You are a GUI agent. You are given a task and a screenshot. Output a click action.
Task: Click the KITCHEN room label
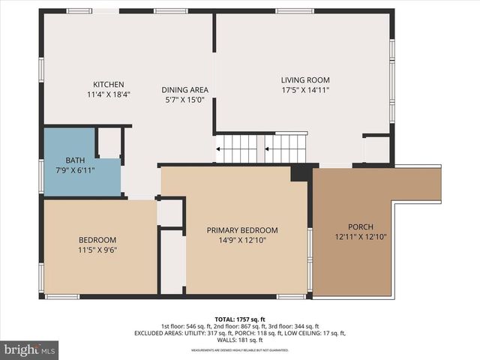[x=108, y=84]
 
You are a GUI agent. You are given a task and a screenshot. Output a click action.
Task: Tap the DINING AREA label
[x=185, y=90]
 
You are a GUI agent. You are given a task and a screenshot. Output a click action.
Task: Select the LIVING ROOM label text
[x=305, y=80]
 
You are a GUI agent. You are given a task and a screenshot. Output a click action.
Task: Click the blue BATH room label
[x=75, y=160]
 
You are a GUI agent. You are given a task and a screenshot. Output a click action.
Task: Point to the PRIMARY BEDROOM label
[x=242, y=230]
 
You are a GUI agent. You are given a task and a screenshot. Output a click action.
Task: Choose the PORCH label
[x=360, y=227]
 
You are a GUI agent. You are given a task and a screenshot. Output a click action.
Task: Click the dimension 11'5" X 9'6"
[x=97, y=251]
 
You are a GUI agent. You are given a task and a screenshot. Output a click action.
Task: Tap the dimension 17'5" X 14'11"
[x=305, y=90]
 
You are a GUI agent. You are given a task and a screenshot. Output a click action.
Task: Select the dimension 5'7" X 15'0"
[x=185, y=100]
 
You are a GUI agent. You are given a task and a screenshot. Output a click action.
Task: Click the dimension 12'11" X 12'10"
[x=360, y=237]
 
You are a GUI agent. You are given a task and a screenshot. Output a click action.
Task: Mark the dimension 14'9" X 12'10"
[x=242, y=241]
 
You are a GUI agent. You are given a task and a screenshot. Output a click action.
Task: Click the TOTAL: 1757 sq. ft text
[x=240, y=319]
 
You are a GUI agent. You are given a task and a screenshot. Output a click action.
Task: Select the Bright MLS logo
[x=30, y=349]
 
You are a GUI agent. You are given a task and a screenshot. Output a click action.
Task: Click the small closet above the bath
[x=109, y=143]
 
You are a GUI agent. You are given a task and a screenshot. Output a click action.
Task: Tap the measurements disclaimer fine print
[x=240, y=350]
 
